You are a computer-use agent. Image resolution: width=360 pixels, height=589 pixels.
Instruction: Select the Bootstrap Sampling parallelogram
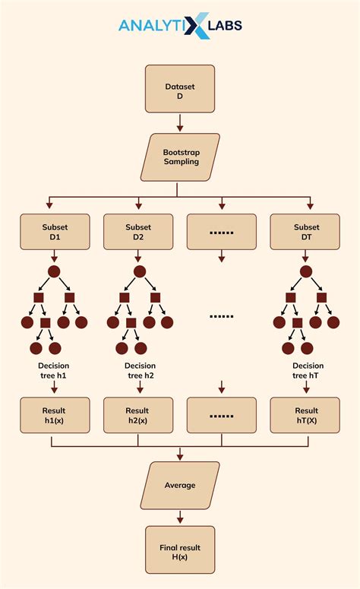pos(180,157)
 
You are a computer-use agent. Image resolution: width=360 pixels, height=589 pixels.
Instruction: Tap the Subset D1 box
pos(55,232)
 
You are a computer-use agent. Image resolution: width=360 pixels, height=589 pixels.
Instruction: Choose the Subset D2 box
pos(138,232)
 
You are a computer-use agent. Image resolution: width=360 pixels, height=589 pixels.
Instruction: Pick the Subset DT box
pos(306,232)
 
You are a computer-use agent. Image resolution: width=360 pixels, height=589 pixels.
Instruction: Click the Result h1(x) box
pos(55,416)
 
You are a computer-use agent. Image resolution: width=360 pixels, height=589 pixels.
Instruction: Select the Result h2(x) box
pos(138,416)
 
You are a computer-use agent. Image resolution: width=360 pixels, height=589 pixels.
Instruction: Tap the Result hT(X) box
pos(306,416)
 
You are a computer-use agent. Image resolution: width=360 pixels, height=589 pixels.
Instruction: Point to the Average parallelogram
pos(180,485)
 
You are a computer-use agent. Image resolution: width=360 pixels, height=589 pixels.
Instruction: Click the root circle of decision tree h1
pos(54,272)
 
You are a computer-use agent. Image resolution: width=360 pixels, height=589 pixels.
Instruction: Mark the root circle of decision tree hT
pos(305,272)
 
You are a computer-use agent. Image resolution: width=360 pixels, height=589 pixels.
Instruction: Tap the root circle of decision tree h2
pos(139,272)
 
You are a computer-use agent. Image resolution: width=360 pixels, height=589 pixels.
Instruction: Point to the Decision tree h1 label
pos(54,371)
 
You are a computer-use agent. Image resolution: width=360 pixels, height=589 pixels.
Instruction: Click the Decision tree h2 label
pos(140,371)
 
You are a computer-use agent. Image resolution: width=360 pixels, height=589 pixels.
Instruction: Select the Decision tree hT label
pos(308,371)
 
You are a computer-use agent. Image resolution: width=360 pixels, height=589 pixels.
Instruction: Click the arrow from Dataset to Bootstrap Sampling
pos(180,122)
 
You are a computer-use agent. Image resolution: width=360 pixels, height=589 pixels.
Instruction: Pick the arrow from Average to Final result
pos(180,517)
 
